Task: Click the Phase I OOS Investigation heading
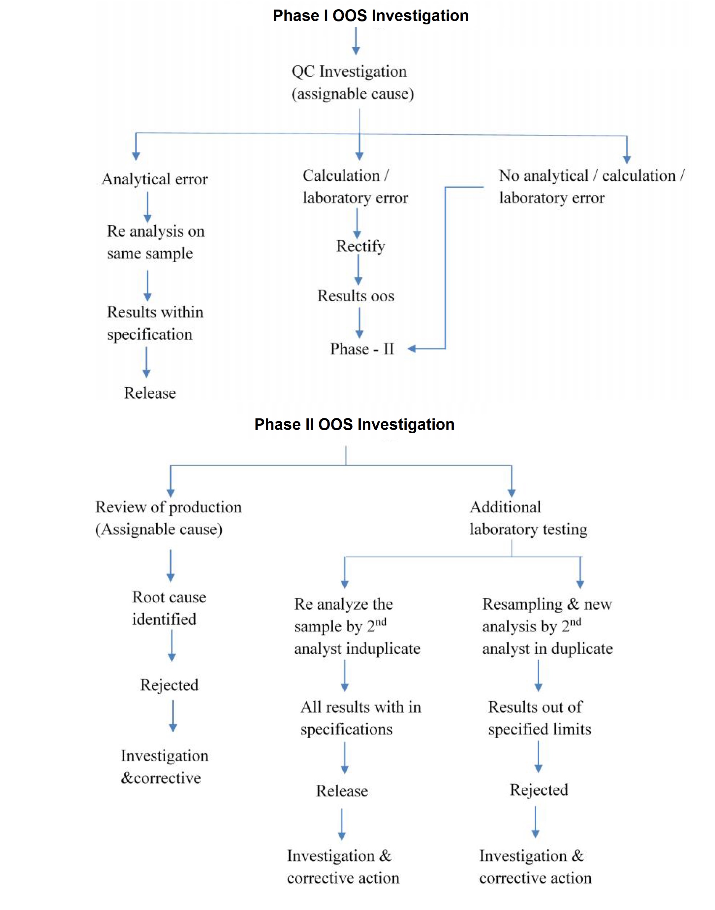point(370,16)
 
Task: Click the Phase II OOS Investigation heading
point(354,424)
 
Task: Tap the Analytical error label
point(154,179)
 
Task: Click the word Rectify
point(360,246)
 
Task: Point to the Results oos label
point(356,296)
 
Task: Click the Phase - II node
point(362,349)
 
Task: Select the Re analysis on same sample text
point(155,242)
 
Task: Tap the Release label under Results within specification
point(150,393)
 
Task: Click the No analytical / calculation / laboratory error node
point(591,187)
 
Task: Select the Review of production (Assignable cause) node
point(168,518)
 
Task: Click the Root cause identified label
point(169,608)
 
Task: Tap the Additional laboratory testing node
point(528,518)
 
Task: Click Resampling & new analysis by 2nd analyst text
point(547,626)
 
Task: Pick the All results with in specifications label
point(360,718)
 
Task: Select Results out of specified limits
point(539,718)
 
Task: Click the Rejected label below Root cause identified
point(169,685)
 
